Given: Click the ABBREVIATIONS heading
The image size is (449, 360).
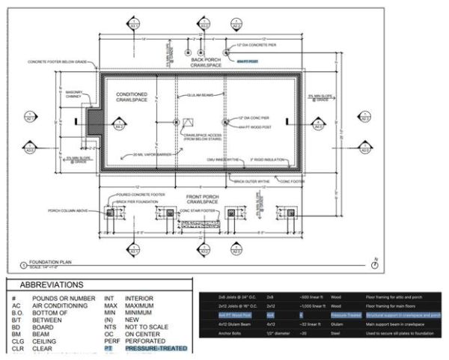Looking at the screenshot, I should tap(52, 285).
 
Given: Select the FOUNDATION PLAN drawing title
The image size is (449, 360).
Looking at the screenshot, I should tap(35, 263).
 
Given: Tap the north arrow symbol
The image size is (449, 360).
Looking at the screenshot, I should tap(374, 265).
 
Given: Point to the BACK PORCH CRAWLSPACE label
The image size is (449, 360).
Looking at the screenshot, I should tap(202, 62).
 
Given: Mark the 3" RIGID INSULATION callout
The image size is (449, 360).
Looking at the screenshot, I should tap(266, 159).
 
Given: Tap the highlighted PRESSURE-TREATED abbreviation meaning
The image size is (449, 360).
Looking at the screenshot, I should tap(156, 348).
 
